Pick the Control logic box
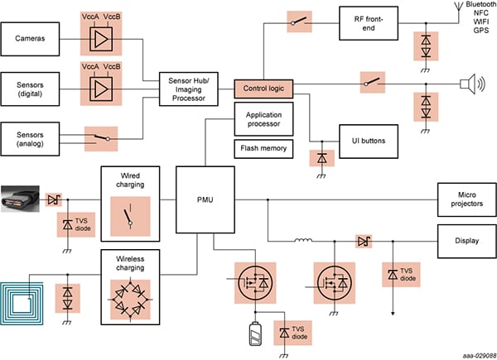point(263,85)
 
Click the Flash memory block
point(263,150)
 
